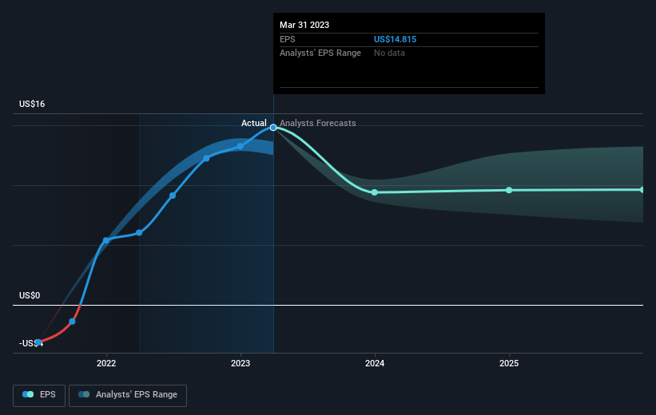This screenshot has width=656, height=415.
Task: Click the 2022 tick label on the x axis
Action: coord(106,363)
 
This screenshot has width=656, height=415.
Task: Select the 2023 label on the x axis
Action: coord(241,363)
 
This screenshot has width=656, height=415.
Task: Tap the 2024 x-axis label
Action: coord(375,363)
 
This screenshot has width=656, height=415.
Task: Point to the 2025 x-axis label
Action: coord(509,363)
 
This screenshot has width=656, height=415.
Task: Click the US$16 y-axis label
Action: coord(32,104)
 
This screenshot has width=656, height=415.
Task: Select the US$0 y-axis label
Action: coord(30,295)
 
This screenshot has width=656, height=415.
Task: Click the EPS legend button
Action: coord(39,395)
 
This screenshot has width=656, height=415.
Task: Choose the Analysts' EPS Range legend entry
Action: coord(128,395)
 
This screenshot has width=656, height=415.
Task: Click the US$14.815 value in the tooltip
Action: coord(395,39)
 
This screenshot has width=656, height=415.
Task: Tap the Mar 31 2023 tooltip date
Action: coord(304,25)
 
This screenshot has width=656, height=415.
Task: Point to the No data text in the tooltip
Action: coord(389,53)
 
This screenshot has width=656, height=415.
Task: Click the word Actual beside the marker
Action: coord(253,123)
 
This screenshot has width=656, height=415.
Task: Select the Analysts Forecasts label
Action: coord(317,123)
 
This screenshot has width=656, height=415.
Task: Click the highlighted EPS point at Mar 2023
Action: coord(273,128)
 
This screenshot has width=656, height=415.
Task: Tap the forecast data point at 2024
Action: coord(375,192)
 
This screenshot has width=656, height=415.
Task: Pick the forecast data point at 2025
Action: coord(509,190)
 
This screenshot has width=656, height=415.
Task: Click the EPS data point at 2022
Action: coord(105,240)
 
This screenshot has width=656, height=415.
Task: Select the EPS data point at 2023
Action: coord(241,146)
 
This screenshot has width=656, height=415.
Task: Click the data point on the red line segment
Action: coord(72,322)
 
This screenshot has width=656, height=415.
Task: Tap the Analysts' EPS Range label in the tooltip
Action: coord(320,53)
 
